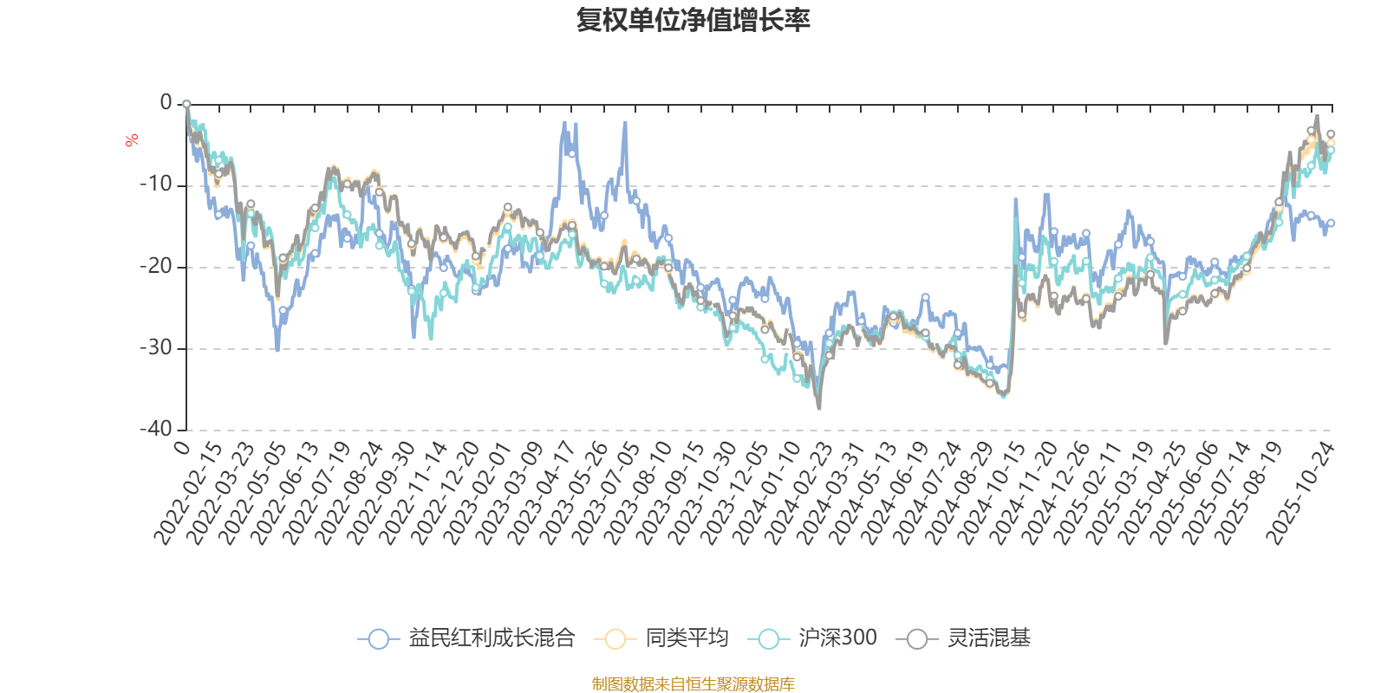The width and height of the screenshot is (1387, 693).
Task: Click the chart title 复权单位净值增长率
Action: (693, 20)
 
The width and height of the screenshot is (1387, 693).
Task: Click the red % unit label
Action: (132, 140)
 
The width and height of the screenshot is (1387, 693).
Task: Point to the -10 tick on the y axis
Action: (156, 185)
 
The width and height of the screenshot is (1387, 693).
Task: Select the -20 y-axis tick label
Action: (156, 266)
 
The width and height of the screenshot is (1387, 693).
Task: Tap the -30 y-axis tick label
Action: (156, 347)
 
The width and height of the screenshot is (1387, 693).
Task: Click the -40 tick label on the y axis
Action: (156, 429)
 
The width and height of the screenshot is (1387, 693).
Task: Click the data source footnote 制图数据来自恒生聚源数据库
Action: (693, 684)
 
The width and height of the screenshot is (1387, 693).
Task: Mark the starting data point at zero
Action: (186, 104)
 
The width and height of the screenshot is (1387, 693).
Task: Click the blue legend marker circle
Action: (378, 639)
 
